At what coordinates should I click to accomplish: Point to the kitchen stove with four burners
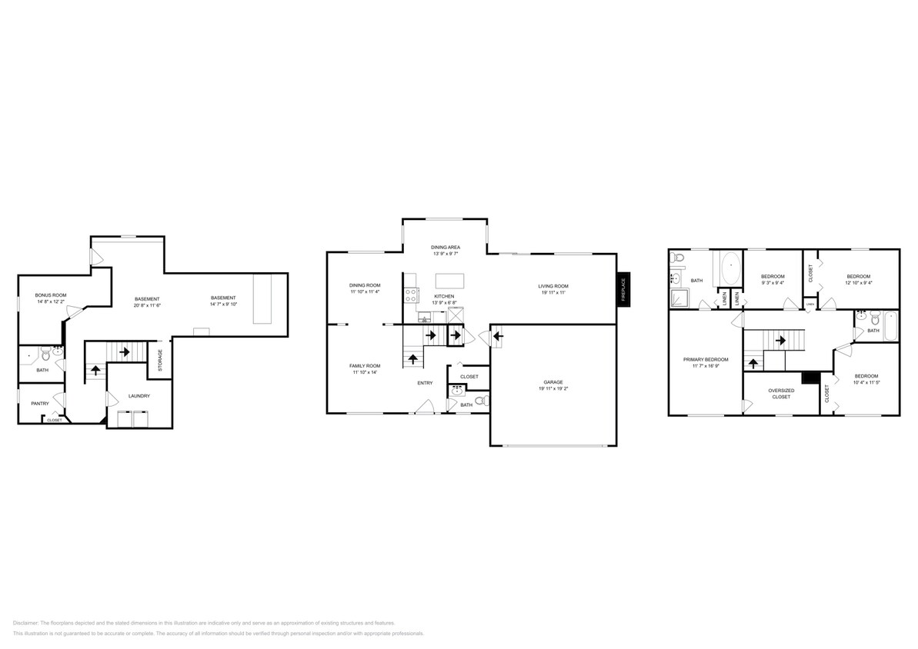[411, 293]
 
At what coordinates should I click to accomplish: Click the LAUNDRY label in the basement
[139, 396]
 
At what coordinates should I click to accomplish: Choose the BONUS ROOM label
[51, 295]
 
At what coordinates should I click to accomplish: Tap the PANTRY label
[40, 403]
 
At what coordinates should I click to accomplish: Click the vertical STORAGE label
[160, 361]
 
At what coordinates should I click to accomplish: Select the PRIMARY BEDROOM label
[706, 359]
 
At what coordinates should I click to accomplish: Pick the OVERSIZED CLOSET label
[780, 393]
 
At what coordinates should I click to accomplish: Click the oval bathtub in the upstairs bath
[729, 271]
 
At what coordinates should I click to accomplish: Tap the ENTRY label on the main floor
[425, 383]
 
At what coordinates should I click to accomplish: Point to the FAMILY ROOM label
[366, 365]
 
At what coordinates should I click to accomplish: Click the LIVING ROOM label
[552, 286]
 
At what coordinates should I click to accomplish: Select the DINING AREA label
[446, 247]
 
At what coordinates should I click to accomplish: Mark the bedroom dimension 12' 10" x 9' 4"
[858, 283]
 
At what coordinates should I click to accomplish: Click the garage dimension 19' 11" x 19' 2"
[553, 388]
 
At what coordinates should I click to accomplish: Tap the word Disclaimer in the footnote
[25, 623]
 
